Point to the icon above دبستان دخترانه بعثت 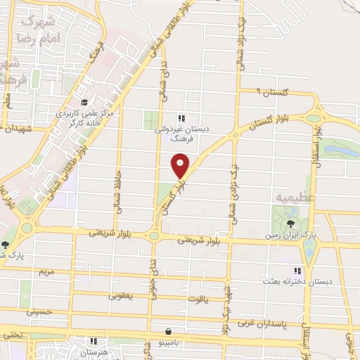(297, 271)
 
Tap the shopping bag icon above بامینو (168, 330)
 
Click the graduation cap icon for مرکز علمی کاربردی (83, 103)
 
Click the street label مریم (47, 271)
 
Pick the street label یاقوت (197, 299)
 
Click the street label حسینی (39, 310)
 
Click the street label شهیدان (18, 129)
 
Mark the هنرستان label (89, 352)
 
